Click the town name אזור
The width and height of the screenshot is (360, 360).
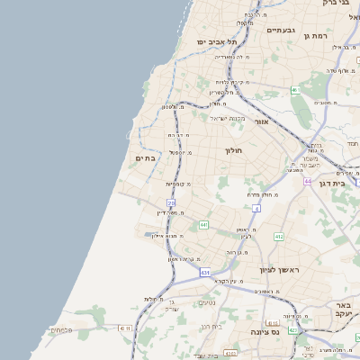coord(262,121)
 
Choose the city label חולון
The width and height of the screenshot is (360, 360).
coord(234,150)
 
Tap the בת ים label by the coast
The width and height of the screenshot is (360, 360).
coord(145,157)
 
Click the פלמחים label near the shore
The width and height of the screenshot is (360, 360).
coord(61,329)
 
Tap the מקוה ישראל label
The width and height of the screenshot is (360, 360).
coord(228,118)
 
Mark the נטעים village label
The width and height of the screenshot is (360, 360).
coord(206,303)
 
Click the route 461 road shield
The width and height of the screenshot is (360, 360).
coord(296,89)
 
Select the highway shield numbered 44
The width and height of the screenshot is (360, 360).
coord(307,181)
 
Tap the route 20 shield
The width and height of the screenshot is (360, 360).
coord(171,203)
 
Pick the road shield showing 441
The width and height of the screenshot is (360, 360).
coord(204,224)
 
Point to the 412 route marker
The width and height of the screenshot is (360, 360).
coord(279,236)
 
